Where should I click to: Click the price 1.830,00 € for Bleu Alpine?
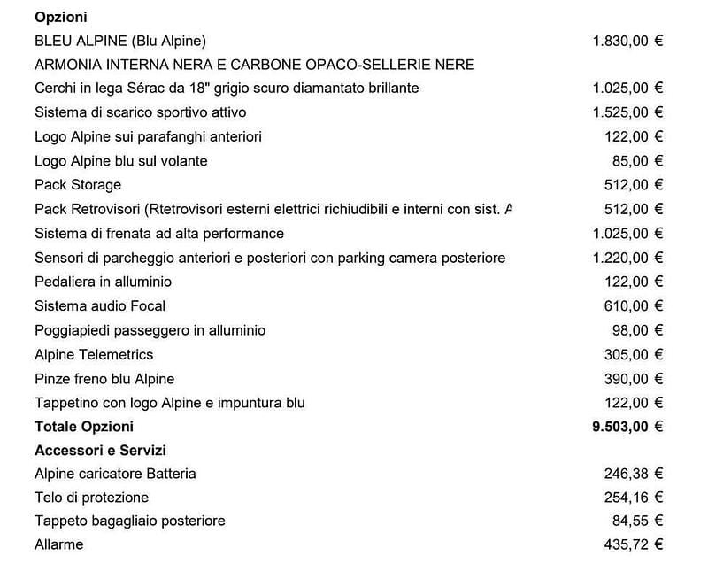[x=627, y=41]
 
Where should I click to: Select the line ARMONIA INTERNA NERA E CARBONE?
[x=254, y=65]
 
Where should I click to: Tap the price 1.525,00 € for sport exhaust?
[x=627, y=112]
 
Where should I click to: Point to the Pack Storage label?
[x=78, y=185]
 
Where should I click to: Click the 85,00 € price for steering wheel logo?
[x=642, y=161]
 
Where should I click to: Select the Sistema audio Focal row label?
[x=100, y=306]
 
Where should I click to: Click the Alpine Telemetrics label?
[x=94, y=354]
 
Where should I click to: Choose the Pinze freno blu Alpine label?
[x=104, y=379]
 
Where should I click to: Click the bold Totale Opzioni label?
[x=84, y=427]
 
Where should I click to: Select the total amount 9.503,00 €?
[x=627, y=427]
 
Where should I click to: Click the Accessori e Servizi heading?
[x=100, y=451]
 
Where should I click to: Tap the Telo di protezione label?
[x=91, y=498]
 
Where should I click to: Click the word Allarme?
[x=58, y=544]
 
